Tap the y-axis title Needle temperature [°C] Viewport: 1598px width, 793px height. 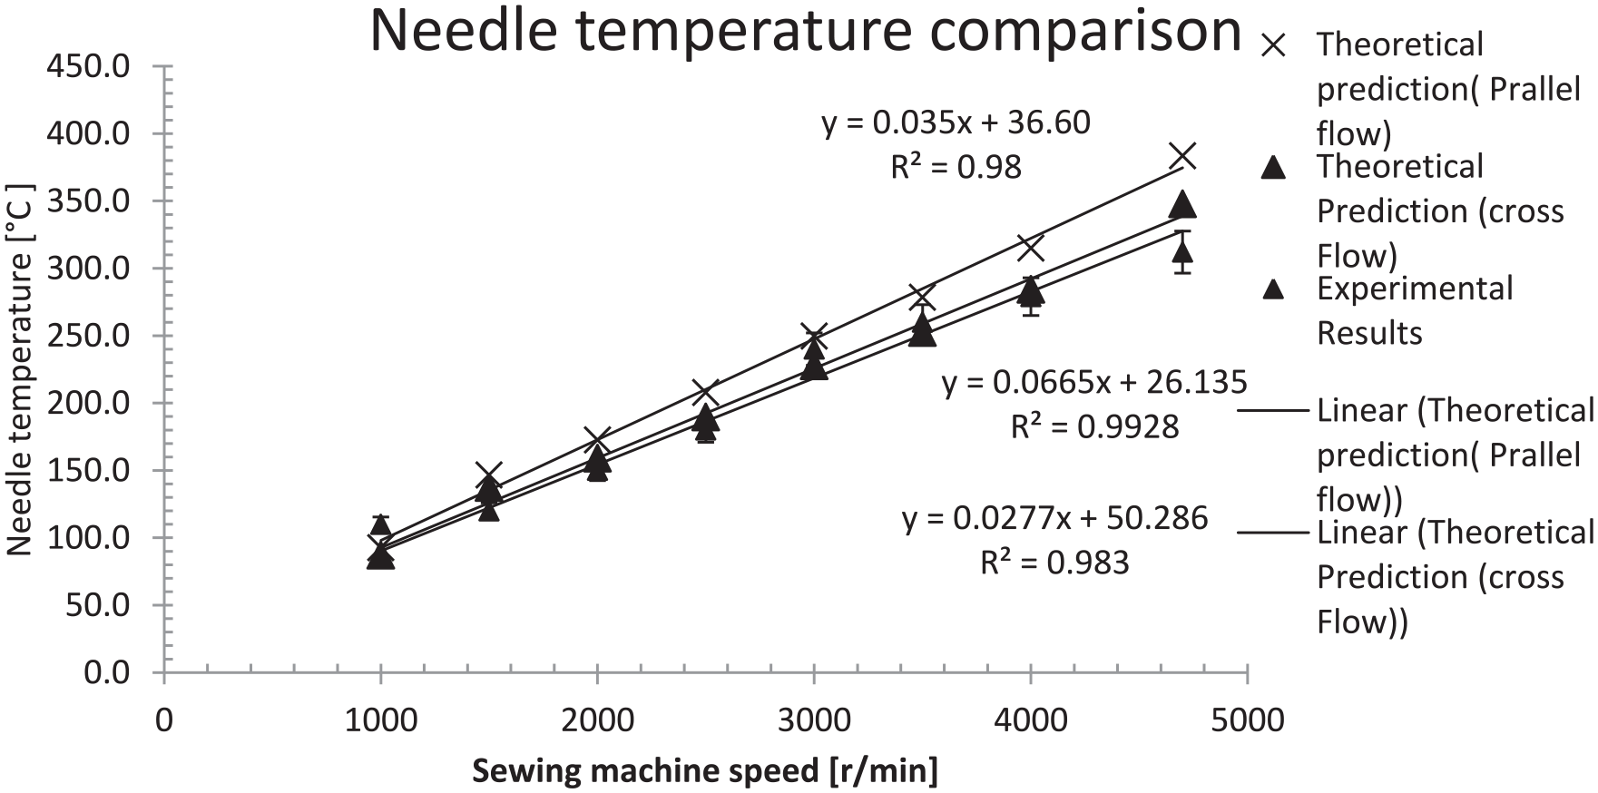(x=20, y=369)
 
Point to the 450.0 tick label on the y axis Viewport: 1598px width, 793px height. (x=93, y=67)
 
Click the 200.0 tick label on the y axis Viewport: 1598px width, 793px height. (x=93, y=403)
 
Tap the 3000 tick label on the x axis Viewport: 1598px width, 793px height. (x=814, y=720)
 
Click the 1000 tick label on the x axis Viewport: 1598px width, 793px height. (x=380, y=720)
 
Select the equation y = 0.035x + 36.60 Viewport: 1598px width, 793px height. (x=956, y=122)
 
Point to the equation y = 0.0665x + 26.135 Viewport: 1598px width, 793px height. (x=1094, y=383)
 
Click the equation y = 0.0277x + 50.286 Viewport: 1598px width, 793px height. (x=1054, y=518)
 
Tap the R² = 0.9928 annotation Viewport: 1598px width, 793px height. (x=1094, y=426)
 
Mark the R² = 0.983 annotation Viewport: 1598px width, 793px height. (x=1054, y=563)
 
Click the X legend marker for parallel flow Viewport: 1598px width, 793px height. (x=1274, y=45)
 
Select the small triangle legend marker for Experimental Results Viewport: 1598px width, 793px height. (x=1274, y=289)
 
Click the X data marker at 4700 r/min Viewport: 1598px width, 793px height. (x=1181, y=156)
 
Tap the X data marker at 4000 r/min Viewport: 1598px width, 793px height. (x=1030, y=247)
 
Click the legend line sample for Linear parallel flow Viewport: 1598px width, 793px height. (x=1274, y=411)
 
